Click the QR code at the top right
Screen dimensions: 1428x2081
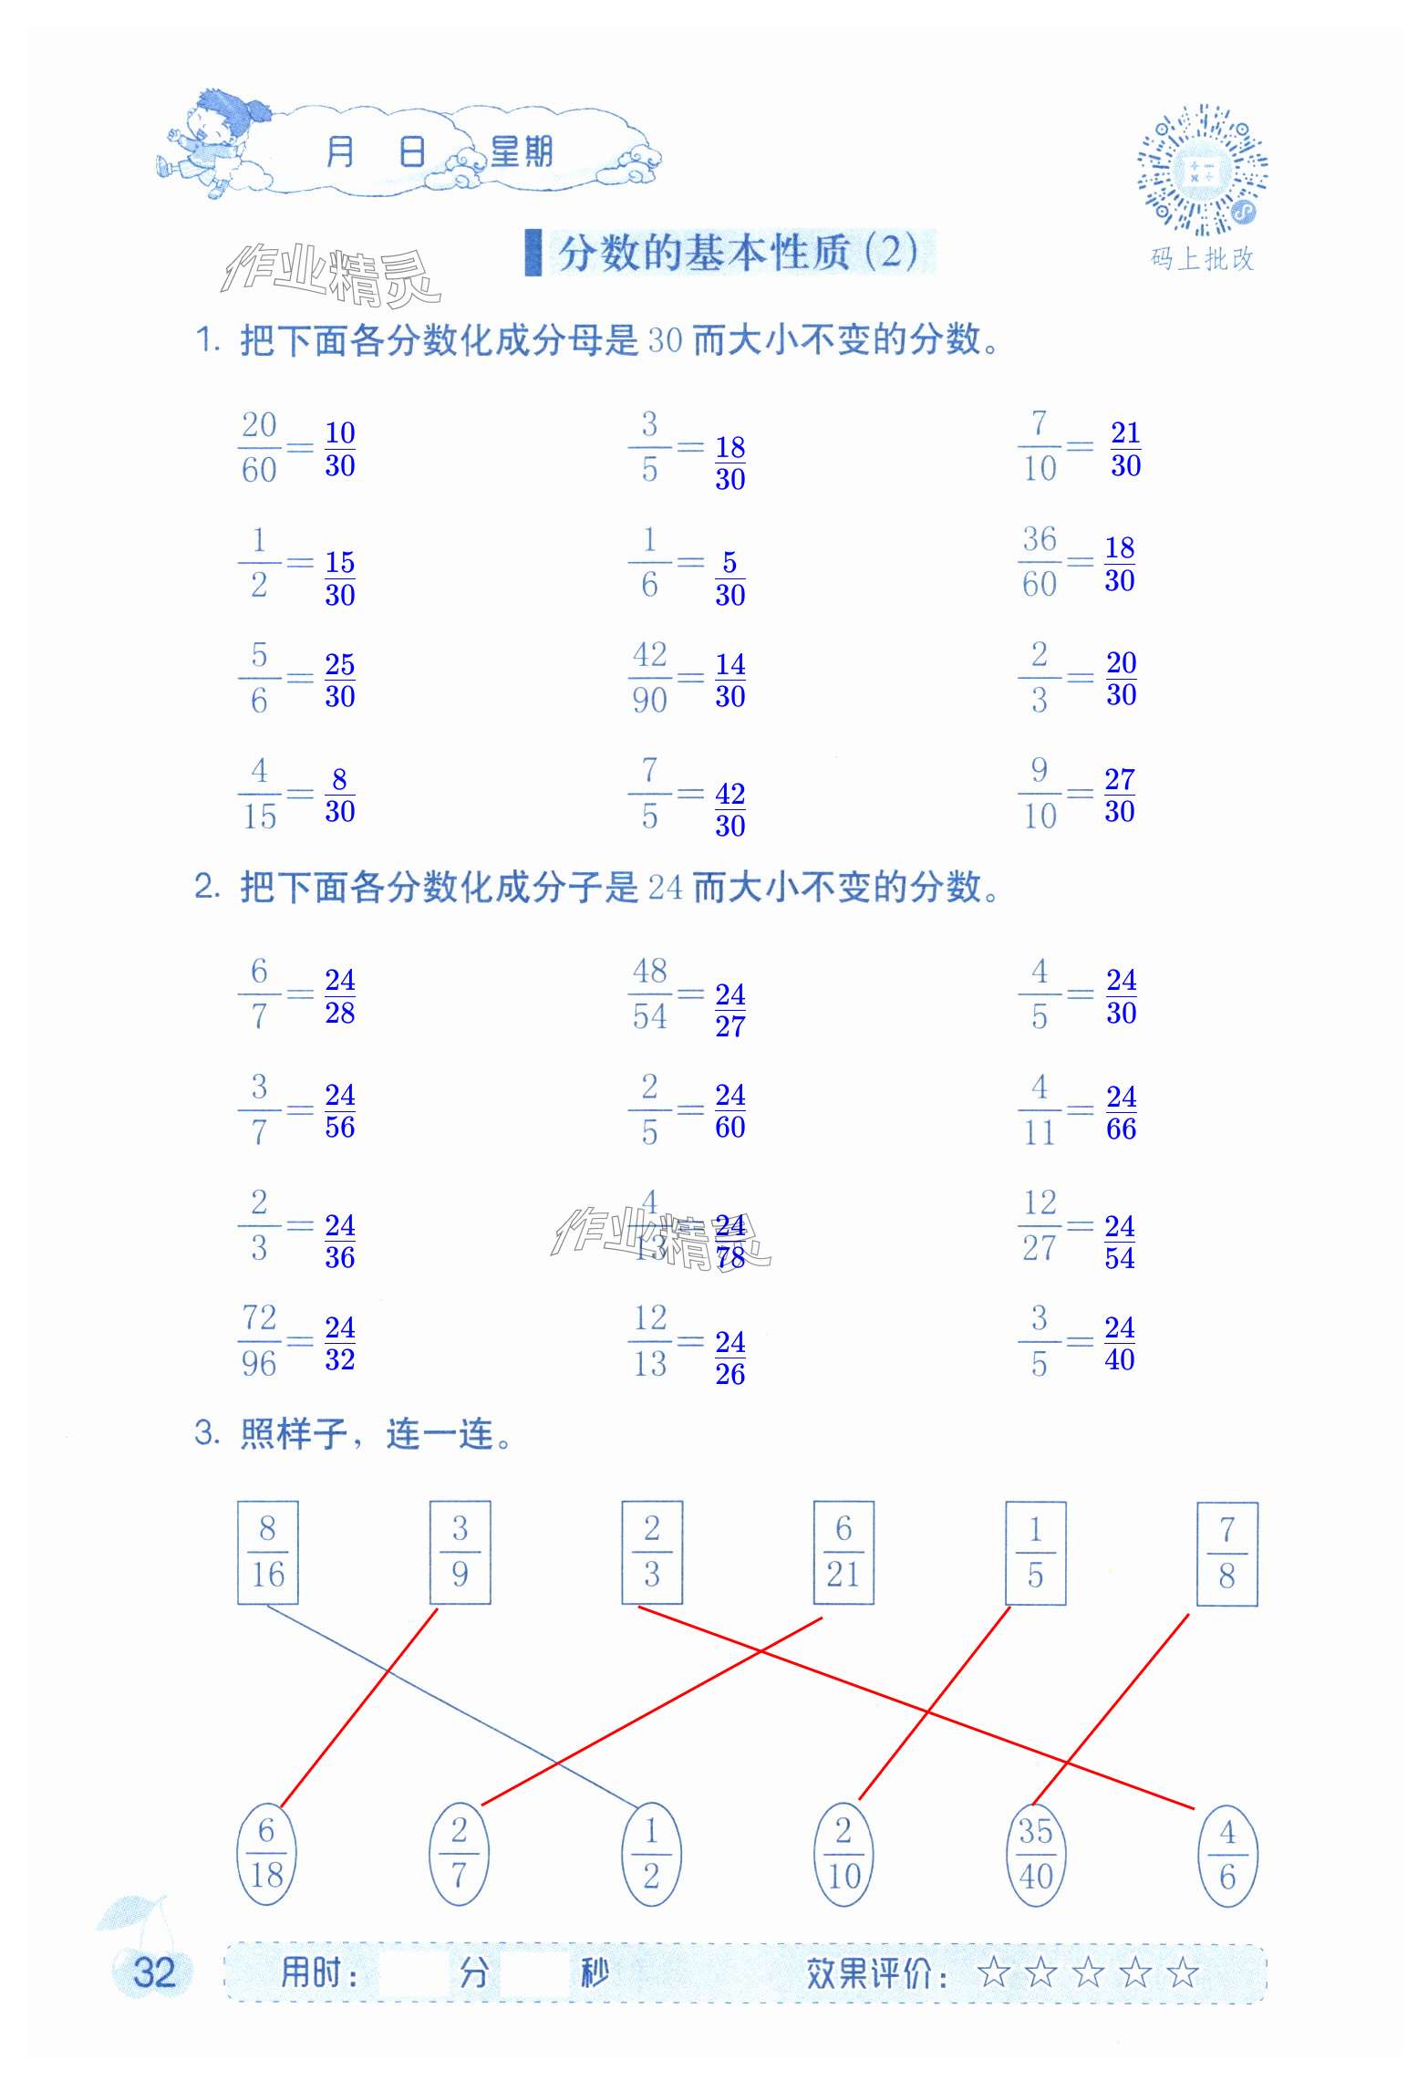[1202, 171]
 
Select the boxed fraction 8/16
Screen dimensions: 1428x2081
[267, 1552]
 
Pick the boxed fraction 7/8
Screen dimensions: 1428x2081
[1226, 1553]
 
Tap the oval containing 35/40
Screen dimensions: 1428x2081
[1035, 1855]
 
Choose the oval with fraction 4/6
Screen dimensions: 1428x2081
[1227, 1855]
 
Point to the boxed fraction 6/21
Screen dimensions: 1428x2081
[843, 1552]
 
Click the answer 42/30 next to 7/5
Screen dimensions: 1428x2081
[730, 809]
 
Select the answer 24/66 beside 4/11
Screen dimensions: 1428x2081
[1121, 1112]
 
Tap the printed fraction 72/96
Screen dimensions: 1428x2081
[259, 1340]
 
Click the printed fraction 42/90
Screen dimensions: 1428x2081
[649, 678]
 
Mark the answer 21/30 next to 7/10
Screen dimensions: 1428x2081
[1125, 449]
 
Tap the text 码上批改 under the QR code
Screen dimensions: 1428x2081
[1202, 259]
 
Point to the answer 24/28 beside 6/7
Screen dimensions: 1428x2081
[339, 996]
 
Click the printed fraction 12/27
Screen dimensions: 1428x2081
[1040, 1225]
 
